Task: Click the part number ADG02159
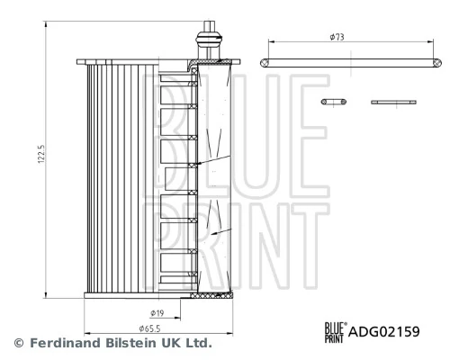384,331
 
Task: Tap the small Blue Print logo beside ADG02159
334,331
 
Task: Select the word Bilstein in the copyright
131,343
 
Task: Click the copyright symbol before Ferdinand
16,343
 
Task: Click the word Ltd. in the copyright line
198,343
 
